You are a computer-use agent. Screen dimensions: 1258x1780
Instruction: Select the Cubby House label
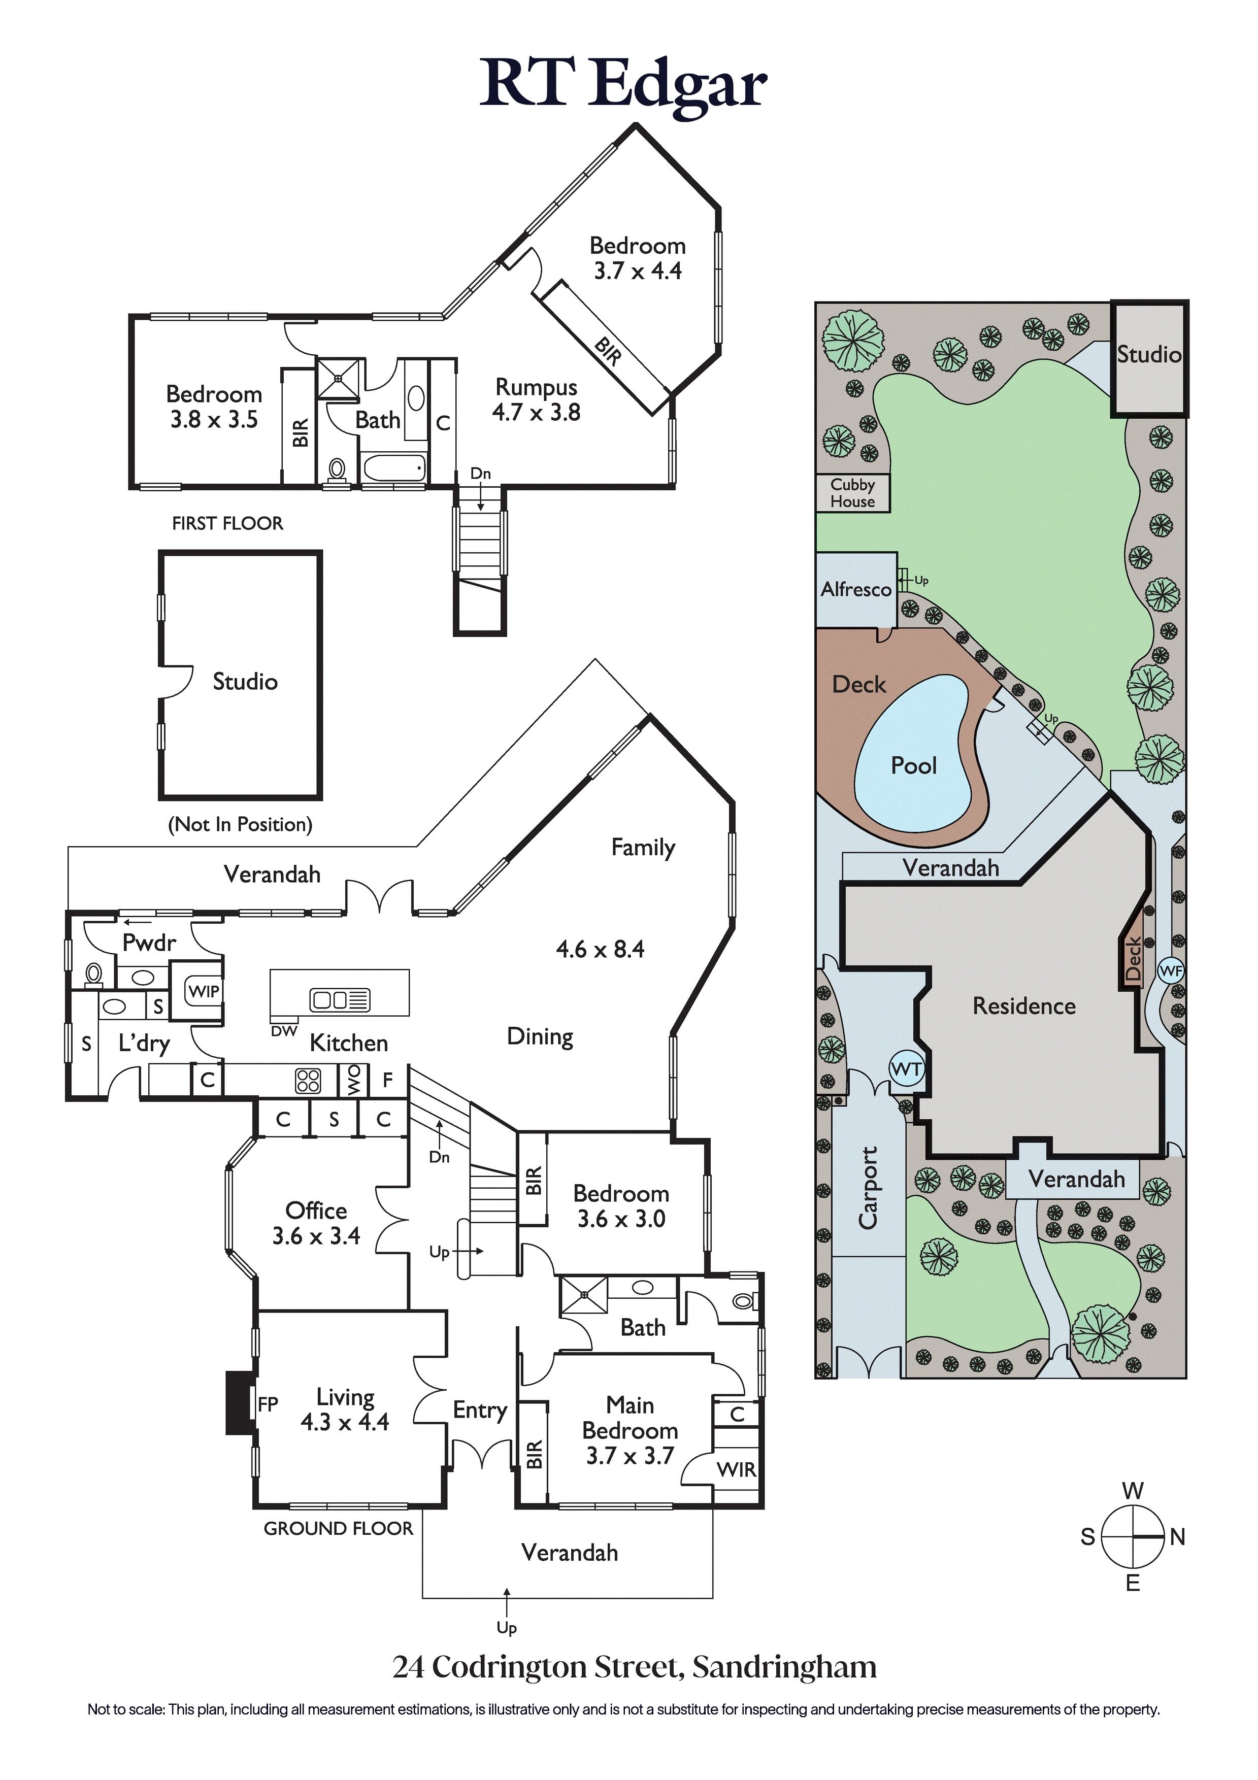852,493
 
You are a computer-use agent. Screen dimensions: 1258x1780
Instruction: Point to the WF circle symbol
1170,970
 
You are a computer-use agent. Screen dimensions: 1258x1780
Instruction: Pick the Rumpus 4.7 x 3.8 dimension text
536,413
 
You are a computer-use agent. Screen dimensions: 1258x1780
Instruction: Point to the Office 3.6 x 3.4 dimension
316,1236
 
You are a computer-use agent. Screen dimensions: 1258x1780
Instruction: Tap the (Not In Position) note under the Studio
241,824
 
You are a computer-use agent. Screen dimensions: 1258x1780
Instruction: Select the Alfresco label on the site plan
856,589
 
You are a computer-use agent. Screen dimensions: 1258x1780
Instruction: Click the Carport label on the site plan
868,1188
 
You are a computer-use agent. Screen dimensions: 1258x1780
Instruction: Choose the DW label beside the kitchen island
284,1031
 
